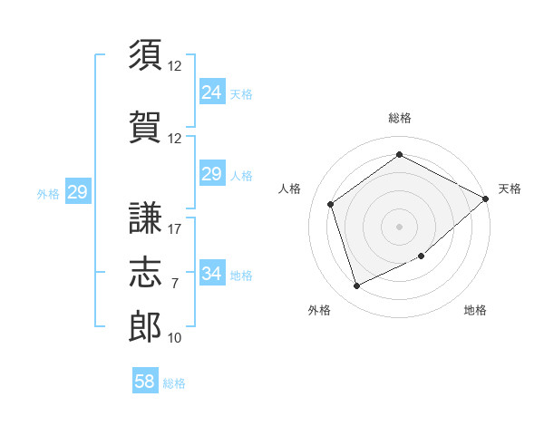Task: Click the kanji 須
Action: (x=145, y=54)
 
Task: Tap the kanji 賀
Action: (x=145, y=127)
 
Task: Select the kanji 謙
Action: (x=145, y=218)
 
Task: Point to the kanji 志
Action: (x=145, y=272)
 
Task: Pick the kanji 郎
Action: (x=145, y=326)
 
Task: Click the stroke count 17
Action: (x=174, y=229)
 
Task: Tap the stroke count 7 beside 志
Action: (x=175, y=284)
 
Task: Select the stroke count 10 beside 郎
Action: (x=174, y=338)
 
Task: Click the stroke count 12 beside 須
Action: (x=174, y=66)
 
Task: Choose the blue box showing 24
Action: (x=212, y=92)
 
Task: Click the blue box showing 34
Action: (x=212, y=272)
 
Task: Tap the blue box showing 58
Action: (x=145, y=380)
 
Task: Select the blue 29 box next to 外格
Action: (x=78, y=191)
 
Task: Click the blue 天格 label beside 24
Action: (x=241, y=94)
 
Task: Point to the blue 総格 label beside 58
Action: (x=174, y=383)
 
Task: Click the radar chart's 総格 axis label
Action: (x=399, y=118)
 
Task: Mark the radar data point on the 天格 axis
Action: (x=485, y=198)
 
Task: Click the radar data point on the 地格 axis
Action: (x=422, y=256)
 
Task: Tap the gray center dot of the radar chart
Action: (x=399, y=227)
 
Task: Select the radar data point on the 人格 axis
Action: (x=331, y=204)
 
